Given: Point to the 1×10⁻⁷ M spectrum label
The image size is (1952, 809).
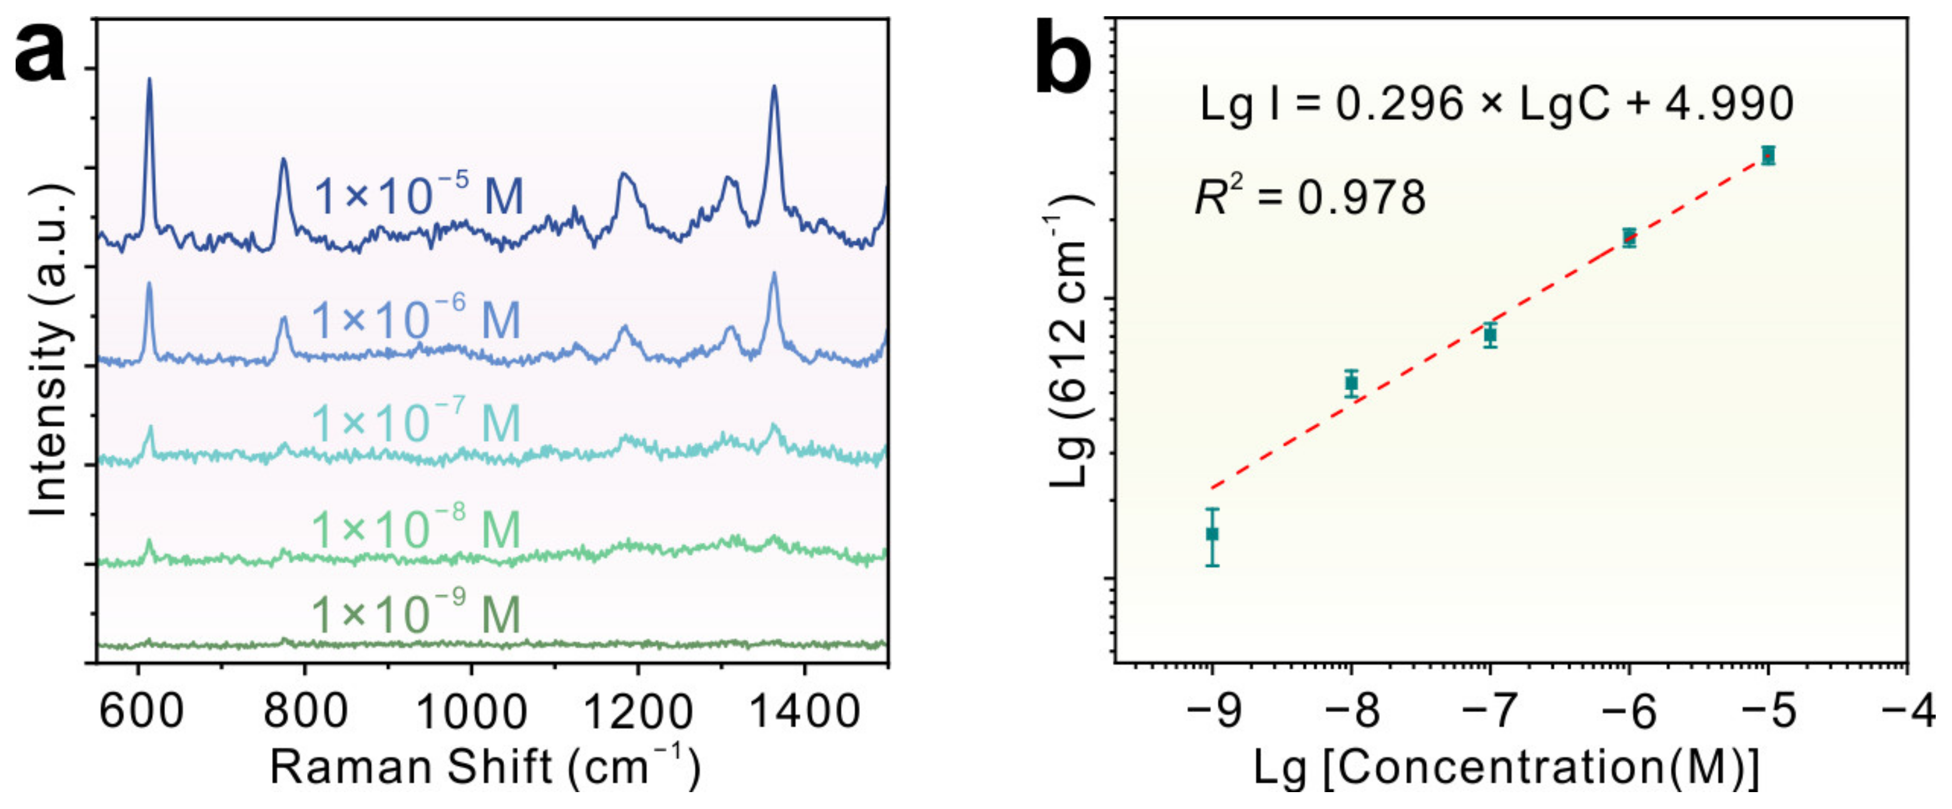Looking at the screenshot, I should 416,422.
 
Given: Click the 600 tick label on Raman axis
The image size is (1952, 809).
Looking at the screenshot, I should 141,712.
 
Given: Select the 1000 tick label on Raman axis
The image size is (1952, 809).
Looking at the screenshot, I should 472,712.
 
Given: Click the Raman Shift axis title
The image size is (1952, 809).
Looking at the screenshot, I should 485,766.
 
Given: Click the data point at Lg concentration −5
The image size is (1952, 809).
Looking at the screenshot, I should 1768,155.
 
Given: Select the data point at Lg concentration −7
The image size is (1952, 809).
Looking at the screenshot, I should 1490,334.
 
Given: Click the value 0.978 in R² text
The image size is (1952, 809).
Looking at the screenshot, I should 1362,198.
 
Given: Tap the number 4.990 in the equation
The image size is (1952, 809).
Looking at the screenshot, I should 1729,104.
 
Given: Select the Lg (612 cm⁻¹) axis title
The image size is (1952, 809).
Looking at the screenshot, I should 1070,341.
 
